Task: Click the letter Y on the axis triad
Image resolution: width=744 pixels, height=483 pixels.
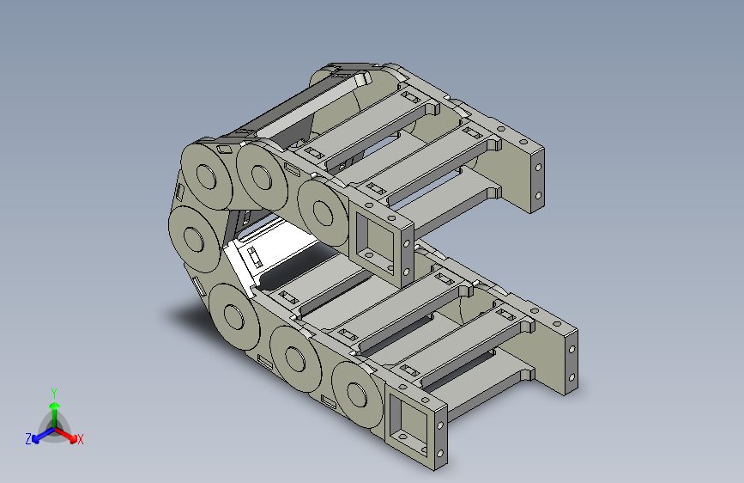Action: pyautogui.click(x=54, y=394)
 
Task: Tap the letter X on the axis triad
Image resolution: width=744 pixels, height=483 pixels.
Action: pyautogui.click(x=80, y=439)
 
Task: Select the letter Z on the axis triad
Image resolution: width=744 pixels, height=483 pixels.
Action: pyautogui.click(x=28, y=439)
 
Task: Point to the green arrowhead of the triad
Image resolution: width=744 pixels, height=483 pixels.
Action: pyautogui.click(x=55, y=407)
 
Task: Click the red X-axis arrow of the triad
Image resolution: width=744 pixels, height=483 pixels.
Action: pyautogui.click(x=65, y=434)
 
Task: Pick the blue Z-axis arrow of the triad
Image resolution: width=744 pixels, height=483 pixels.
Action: pyautogui.click(x=44, y=435)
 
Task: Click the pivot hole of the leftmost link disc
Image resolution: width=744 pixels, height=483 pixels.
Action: pyautogui.click(x=194, y=239)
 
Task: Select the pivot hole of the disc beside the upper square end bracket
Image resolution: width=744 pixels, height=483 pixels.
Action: pyautogui.click(x=324, y=213)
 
